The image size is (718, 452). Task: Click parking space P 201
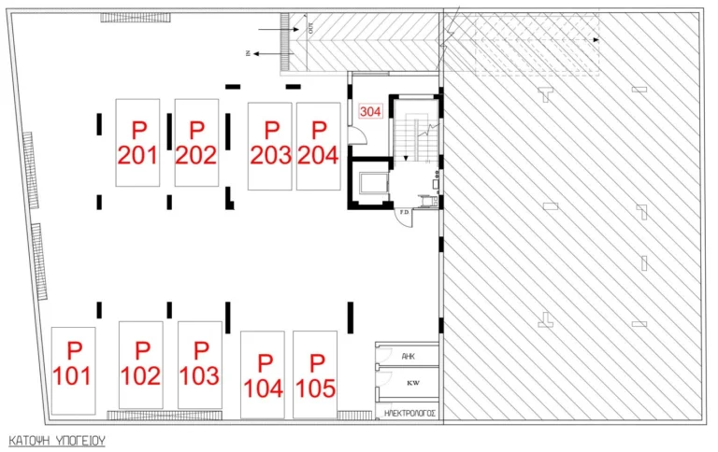[138, 142]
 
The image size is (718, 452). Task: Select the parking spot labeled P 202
[196, 142]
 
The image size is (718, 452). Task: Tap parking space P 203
[271, 144]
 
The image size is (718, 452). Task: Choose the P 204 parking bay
[318, 144]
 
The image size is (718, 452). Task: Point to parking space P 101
[73, 369]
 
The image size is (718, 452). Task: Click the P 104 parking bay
[263, 375]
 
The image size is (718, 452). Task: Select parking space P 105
[315, 375]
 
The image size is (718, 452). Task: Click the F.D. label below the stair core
[405, 213]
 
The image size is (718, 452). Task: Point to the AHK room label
[408, 357]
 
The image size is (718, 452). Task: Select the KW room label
[408, 383]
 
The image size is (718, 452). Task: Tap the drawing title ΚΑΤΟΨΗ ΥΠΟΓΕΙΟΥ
[56, 438]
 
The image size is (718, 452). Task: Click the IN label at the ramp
[250, 54]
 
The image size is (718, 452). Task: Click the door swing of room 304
[356, 135]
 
